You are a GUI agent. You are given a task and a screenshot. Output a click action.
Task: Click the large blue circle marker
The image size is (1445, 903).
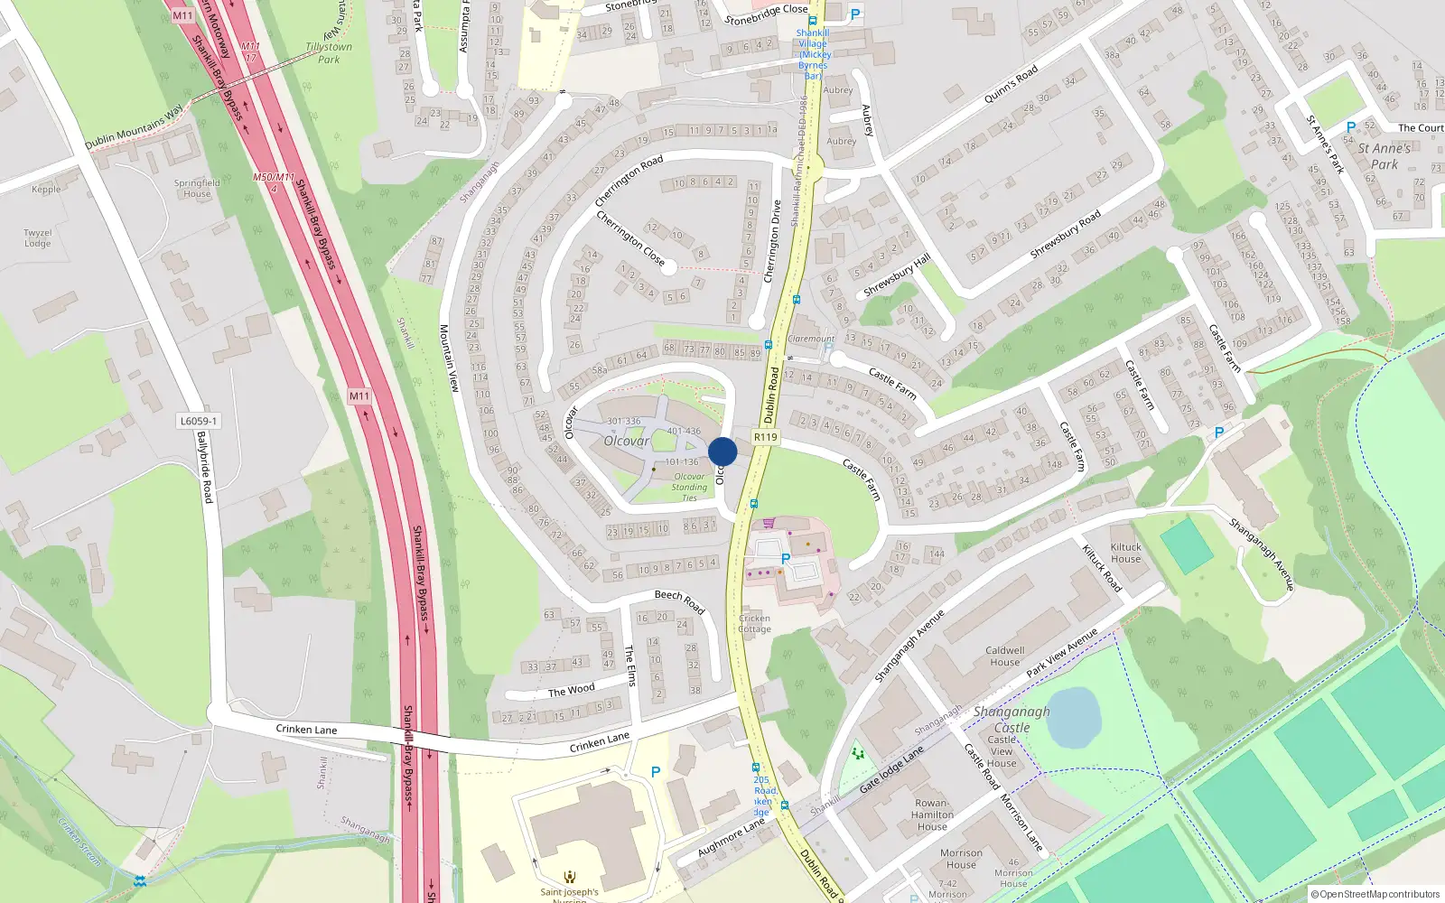point(722,451)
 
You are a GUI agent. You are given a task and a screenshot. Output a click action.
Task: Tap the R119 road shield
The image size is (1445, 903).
point(765,437)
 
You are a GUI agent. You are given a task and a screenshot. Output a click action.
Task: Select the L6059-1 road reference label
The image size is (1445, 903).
point(198,421)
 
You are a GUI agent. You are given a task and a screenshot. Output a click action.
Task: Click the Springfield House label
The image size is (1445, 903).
point(197,188)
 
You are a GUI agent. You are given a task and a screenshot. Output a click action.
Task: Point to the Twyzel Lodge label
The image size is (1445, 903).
point(38,238)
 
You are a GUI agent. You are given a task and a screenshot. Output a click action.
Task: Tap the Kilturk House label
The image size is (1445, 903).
point(1125,553)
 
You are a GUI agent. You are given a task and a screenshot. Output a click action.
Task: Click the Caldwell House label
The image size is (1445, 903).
point(1004,656)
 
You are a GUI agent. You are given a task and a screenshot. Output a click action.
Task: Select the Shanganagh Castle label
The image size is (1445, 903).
point(1011,719)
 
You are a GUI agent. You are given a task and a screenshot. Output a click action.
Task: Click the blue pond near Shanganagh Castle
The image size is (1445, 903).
point(1073,717)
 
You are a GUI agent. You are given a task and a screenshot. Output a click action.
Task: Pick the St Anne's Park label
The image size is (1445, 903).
point(1384,156)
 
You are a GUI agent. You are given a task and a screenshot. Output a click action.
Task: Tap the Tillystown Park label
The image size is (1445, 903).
point(329,53)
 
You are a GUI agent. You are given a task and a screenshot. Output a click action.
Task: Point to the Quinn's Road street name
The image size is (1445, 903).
point(1011,84)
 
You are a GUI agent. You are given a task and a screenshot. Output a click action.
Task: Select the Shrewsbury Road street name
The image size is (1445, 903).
point(1066,235)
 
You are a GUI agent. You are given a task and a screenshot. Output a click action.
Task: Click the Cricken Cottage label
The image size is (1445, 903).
point(754,624)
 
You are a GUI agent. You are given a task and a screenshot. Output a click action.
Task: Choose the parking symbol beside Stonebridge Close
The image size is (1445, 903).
point(855,14)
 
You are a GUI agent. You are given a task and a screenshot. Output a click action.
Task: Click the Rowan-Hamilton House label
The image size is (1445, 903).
point(932,815)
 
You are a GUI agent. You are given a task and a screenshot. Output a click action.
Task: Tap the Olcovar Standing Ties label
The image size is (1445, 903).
point(689,487)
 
